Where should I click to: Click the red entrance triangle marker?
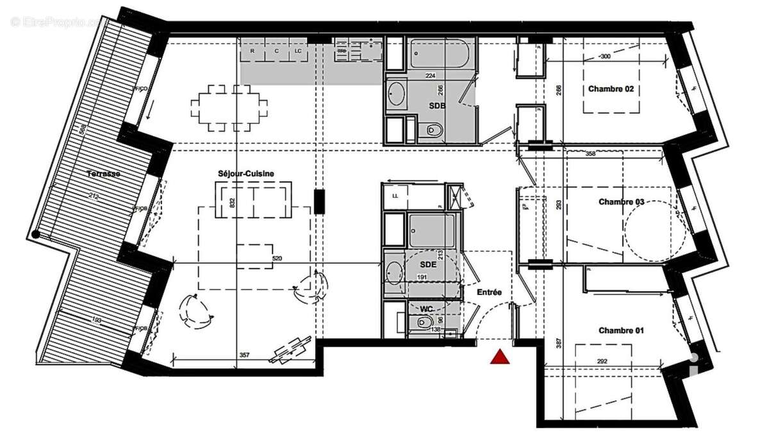[x=500, y=357]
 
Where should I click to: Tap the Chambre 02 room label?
[x=611, y=89]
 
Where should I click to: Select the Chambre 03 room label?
[x=621, y=202]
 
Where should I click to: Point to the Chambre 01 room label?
[x=621, y=330]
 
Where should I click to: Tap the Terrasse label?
[x=104, y=174]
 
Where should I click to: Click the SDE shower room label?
[x=427, y=264]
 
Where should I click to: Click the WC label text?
[x=427, y=309]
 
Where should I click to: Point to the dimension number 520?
[x=277, y=259]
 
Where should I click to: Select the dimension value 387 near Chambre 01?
[x=558, y=344]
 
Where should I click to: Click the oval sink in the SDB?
[x=397, y=94]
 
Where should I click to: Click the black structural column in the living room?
[x=320, y=201]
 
